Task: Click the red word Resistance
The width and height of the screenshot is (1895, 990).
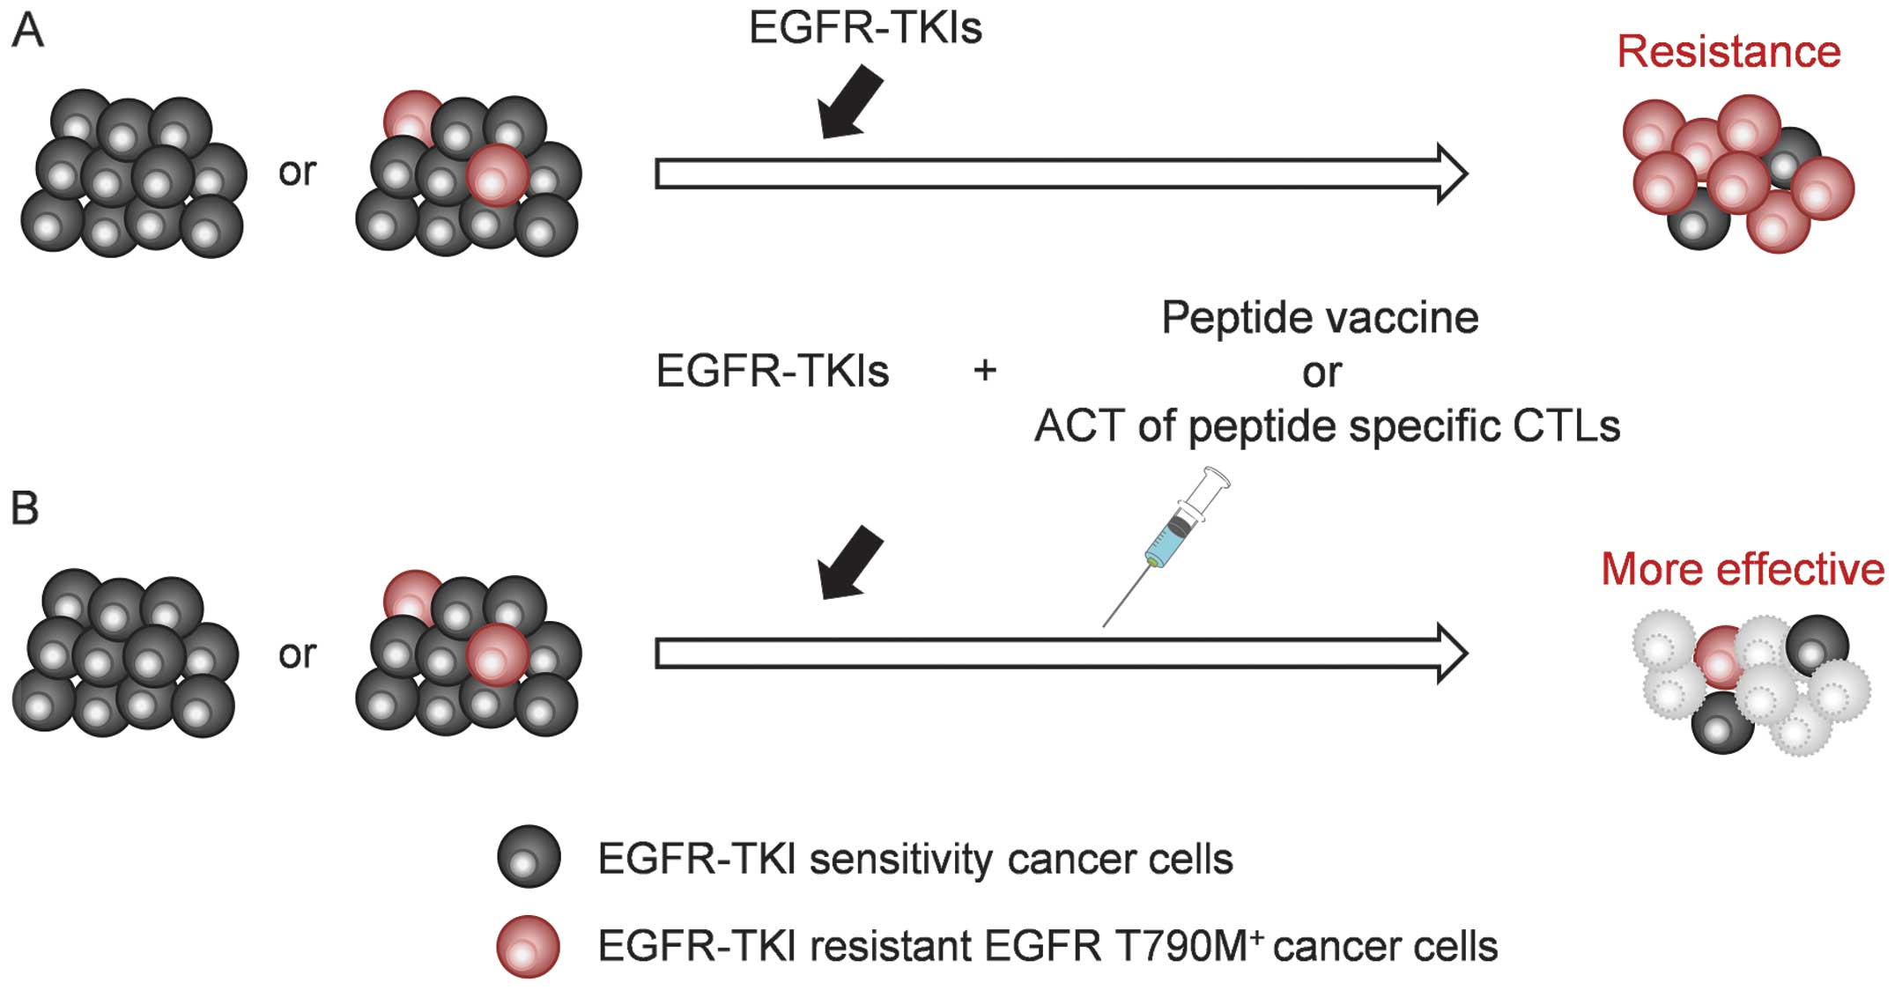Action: coord(1728,52)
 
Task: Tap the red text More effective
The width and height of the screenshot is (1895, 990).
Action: coord(1742,569)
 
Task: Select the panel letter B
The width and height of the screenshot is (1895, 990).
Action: coord(26,509)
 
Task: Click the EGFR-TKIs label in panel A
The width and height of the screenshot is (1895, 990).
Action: coord(865,27)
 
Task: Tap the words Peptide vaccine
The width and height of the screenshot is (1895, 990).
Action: coord(1320,318)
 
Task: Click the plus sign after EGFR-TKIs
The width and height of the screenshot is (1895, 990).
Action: coord(985,371)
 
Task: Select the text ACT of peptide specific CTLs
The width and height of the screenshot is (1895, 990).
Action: coord(1327,426)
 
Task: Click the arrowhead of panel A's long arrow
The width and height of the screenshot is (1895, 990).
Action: coord(1450,174)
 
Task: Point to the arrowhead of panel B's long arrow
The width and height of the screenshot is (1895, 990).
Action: coord(1450,654)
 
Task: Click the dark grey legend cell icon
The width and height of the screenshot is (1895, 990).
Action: coord(529,857)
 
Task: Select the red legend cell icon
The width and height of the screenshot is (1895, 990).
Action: coord(529,947)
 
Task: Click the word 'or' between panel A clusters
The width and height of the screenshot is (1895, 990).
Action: coord(297,172)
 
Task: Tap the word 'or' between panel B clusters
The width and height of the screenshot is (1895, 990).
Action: coord(297,654)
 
